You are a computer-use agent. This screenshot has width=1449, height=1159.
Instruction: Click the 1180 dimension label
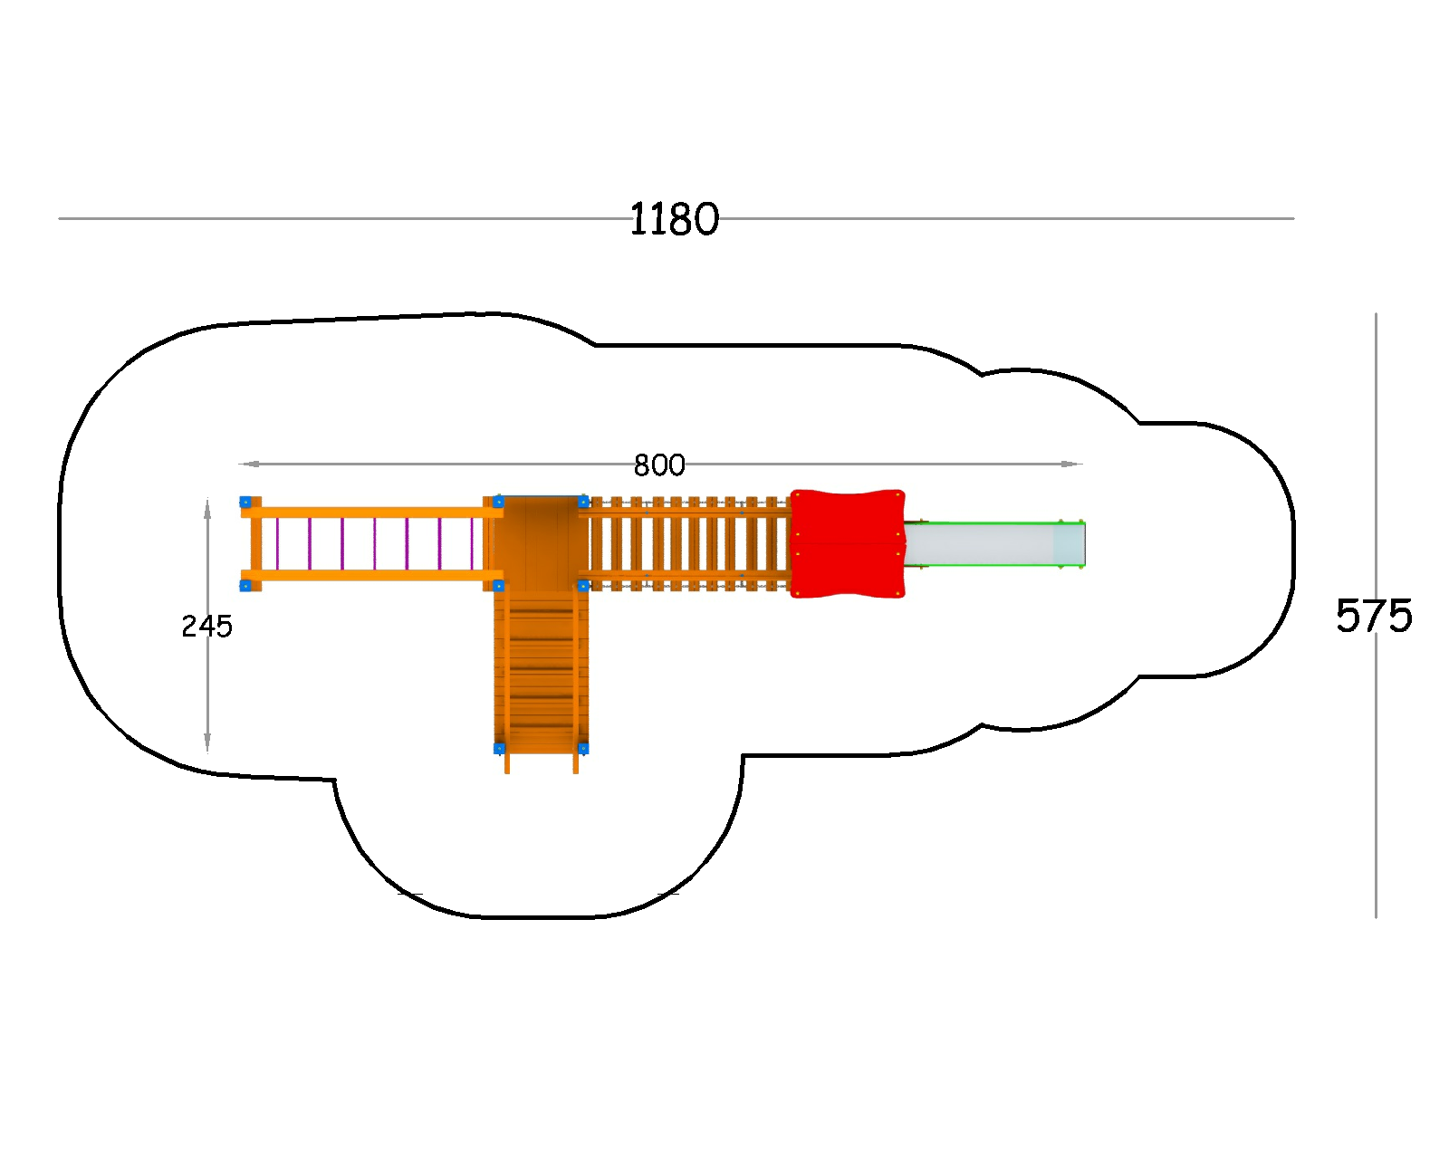click(674, 219)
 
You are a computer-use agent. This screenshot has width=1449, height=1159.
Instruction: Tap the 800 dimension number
click(659, 465)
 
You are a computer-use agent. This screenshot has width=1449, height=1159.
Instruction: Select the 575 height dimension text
click(1374, 616)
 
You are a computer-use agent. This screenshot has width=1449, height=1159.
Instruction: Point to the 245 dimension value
click(206, 627)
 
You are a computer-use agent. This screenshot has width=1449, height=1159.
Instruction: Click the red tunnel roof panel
click(847, 543)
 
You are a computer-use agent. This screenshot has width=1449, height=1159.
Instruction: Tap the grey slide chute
click(993, 544)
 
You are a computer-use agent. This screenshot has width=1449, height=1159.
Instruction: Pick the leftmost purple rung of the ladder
click(277, 543)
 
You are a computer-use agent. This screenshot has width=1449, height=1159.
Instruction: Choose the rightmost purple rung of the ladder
click(472, 543)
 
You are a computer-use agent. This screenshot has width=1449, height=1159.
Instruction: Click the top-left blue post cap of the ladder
click(245, 502)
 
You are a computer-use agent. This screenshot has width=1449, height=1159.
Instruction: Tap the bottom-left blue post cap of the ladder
click(245, 586)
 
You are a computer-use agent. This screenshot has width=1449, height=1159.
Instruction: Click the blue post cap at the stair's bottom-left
click(499, 748)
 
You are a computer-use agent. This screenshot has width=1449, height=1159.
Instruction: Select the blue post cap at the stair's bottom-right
click(583, 748)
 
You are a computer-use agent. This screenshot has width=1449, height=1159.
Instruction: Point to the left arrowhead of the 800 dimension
click(248, 464)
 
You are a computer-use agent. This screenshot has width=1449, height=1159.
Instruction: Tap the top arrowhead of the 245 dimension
click(207, 509)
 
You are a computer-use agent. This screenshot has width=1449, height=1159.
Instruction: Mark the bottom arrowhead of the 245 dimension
click(207, 742)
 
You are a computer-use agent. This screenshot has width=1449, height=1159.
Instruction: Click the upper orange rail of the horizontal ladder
click(372, 512)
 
